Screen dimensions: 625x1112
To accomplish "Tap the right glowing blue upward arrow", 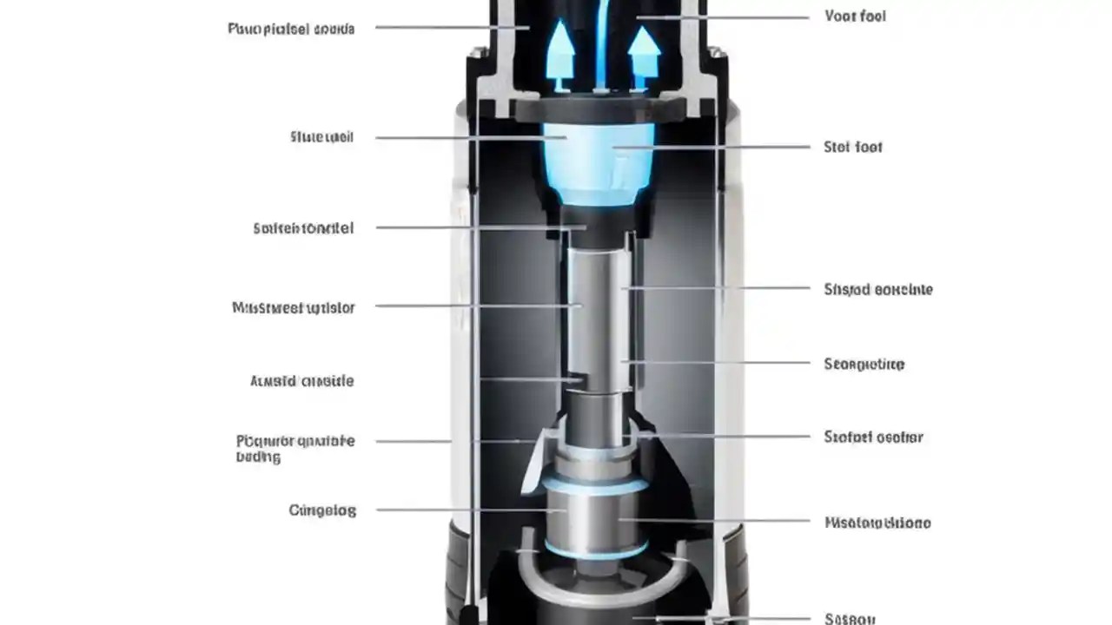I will coord(644,52).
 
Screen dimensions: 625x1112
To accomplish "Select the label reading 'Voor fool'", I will coord(855,16).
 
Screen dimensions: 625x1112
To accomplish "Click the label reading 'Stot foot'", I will coord(852,148).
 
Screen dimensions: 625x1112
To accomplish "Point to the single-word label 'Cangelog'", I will coord(322,510).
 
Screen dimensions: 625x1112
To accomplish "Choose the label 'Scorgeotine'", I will coord(864,365).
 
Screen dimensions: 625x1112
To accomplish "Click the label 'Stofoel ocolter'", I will coord(873,437).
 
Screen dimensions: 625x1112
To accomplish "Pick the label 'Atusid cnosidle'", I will coord(301,381).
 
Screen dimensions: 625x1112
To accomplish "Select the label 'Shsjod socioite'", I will coord(877,290).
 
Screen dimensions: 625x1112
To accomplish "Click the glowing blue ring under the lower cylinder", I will coord(596,551).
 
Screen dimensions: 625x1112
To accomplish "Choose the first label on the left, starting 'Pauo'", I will coord(291,29).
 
